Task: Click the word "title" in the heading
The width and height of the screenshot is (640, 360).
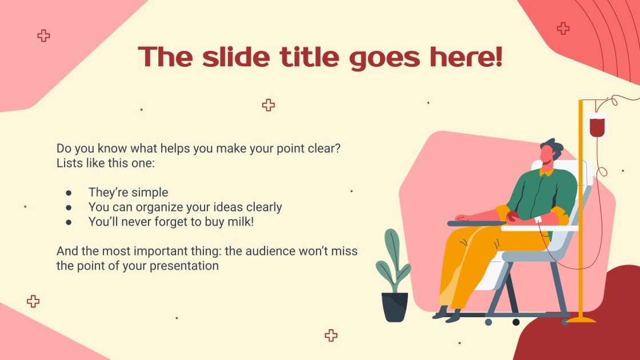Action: tap(309, 57)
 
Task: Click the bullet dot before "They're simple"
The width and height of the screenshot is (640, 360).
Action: tap(69, 193)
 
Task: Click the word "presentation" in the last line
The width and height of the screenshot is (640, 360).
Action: tap(184, 266)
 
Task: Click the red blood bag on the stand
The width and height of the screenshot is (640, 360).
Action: tap(597, 126)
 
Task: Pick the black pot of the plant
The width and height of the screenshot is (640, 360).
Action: tap(395, 307)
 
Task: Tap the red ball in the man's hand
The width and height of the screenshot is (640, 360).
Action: tap(512, 217)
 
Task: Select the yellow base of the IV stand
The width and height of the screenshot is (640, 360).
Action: tap(581, 319)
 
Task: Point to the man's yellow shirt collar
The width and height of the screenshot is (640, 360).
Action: tap(546, 172)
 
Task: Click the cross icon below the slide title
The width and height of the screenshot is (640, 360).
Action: tap(268, 105)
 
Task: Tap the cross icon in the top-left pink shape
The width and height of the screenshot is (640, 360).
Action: tap(43, 36)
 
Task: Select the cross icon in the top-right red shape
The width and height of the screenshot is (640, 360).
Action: tap(563, 29)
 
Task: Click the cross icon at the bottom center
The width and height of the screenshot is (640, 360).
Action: tap(331, 335)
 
